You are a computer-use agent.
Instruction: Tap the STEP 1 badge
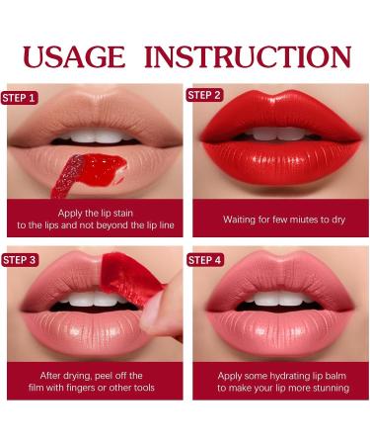point(21,98)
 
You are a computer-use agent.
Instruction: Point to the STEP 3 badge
point(21,259)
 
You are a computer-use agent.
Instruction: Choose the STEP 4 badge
point(205,259)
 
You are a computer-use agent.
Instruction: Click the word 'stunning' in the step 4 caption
point(322,389)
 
